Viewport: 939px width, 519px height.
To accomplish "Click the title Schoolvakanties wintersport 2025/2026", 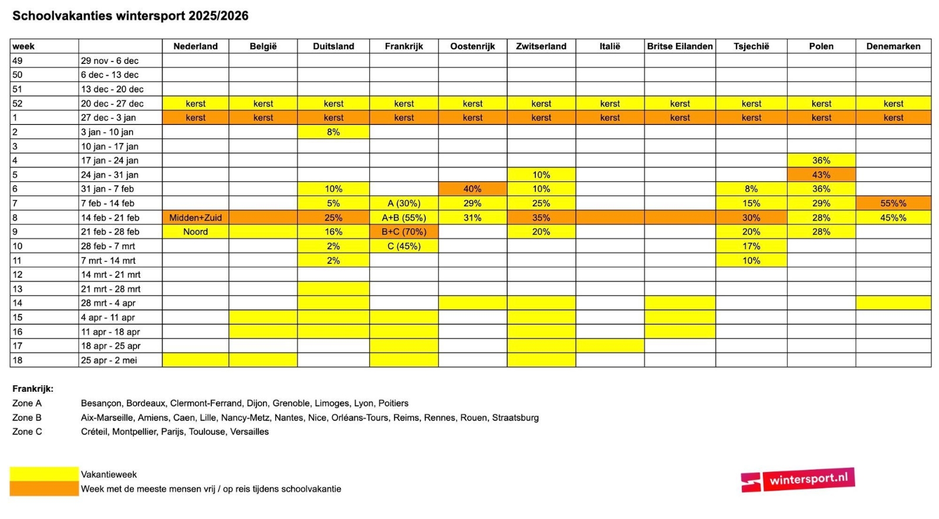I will (130, 16).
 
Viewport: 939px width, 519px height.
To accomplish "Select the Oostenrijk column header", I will (472, 46).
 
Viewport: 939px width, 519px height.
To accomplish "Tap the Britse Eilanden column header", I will (680, 46).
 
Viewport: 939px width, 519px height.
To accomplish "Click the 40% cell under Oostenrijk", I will (472, 189).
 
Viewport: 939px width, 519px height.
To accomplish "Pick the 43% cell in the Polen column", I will (821, 175).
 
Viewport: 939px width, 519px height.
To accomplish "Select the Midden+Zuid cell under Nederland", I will (195, 218).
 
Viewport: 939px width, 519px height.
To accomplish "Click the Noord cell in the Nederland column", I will (195, 232).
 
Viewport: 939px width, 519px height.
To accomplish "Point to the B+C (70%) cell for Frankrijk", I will (404, 232).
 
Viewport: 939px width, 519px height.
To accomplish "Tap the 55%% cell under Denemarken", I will (893, 203).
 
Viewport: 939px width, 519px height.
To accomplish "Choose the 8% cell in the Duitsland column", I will (333, 132).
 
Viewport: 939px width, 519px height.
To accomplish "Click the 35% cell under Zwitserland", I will (541, 218).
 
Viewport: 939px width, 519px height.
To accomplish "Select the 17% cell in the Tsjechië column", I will (751, 246).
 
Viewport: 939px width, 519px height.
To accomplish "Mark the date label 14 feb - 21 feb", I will (110, 218).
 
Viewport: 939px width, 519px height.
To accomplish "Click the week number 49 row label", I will (18, 60).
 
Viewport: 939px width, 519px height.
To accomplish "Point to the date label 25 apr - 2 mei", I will (109, 360).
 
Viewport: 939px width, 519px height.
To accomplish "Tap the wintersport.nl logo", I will (798, 480).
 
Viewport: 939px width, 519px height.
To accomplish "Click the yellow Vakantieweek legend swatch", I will (44, 474).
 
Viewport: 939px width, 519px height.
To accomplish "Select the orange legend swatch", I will (44, 489).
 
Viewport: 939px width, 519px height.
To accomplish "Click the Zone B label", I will (27, 418).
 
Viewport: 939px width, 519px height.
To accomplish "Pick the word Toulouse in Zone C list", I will (207, 432).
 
